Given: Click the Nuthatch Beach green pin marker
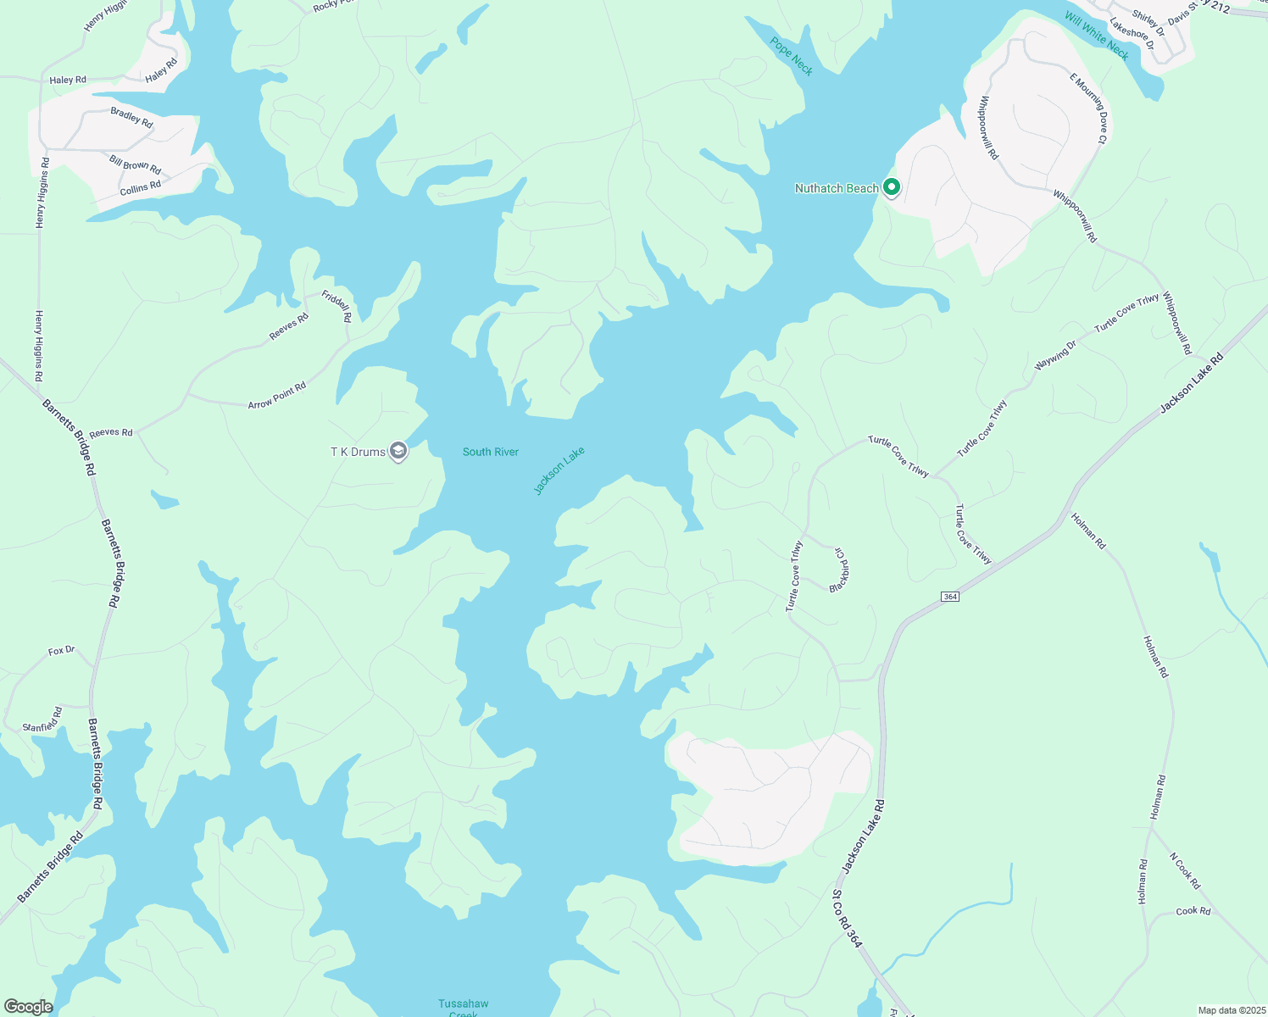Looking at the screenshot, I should click(x=891, y=186).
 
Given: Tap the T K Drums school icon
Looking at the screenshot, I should click(x=398, y=451).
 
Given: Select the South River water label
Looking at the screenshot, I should click(x=490, y=452).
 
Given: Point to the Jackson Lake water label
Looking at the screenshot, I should click(x=559, y=471).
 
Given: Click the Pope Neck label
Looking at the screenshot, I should click(x=792, y=56).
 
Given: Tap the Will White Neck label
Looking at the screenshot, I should click(x=1097, y=36).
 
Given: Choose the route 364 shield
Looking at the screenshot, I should click(x=950, y=597).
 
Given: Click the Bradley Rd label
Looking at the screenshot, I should click(x=131, y=117).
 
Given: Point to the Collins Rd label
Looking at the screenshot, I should click(x=140, y=188).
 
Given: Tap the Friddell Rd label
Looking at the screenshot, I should click(x=336, y=306).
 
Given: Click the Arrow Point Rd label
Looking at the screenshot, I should click(x=277, y=395).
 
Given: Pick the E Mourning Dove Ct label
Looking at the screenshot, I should click(x=1088, y=108).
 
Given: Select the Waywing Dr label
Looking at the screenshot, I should click(x=1054, y=355).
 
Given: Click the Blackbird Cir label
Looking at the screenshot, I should click(x=838, y=570).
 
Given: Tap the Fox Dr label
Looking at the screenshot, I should click(x=61, y=651).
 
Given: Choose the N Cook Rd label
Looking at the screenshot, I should click(x=1185, y=870).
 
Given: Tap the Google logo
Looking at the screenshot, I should click(x=28, y=1007).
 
